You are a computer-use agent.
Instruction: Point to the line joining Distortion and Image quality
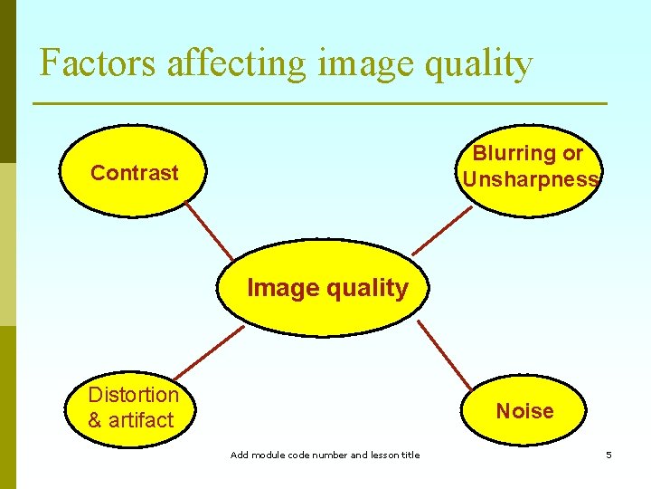pyautogui.click(x=209, y=352)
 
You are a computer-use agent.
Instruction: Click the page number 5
pyautogui.click(x=609, y=455)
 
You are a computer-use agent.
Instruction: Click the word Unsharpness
pyautogui.click(x=530, y=178)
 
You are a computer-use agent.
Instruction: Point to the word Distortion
pyautogui.click(x=134, y=395)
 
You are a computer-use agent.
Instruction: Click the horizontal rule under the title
pyautogui.click(x=320, y=104)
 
